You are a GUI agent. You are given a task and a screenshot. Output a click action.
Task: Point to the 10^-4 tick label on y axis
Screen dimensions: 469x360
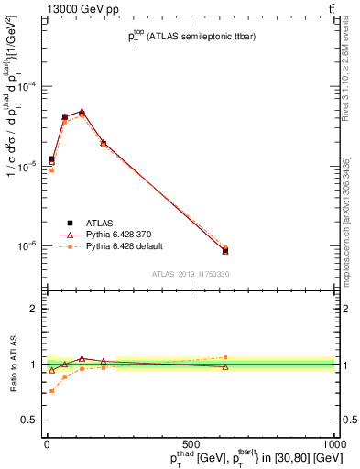(27, 86)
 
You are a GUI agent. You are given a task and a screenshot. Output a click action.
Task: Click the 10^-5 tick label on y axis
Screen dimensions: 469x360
(27, 166)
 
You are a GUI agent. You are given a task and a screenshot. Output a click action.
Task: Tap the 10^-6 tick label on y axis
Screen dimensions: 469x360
(27, 245)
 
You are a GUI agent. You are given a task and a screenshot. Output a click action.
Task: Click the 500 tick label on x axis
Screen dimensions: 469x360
(191, 444)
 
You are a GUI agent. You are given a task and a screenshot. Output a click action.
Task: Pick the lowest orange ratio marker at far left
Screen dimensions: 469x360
(51, 391)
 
